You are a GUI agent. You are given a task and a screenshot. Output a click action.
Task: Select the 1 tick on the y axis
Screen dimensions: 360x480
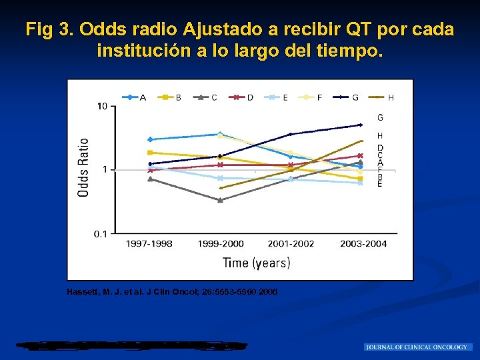(x=105, y=169)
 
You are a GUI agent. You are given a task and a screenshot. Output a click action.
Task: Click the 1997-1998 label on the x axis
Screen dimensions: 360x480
(x=149, y=244)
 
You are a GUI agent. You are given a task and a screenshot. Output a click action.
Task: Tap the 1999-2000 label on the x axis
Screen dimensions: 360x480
(x=221, y=244)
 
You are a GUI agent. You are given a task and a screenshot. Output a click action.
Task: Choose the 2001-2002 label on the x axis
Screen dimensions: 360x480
(x=291, y=244)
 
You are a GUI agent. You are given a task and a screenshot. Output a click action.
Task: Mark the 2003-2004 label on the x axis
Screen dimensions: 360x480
(x=363, y=244)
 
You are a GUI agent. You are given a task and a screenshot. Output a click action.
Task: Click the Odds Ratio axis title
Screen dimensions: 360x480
(x=84, y=167)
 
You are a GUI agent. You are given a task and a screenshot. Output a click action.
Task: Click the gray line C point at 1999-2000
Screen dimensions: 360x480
(x=220, y=200)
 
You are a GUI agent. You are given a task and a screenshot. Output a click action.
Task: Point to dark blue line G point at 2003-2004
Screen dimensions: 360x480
(x=361, y=125)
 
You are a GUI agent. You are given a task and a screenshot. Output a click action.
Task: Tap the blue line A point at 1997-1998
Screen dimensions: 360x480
(x=150, y=139)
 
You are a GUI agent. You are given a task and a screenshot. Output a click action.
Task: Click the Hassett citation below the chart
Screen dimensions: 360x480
(x=173, y=292)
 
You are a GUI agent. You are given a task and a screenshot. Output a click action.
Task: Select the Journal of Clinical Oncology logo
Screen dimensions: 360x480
(x=418, y=347)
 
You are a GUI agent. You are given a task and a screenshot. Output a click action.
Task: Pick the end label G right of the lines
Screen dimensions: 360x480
(x=380, y=118)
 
